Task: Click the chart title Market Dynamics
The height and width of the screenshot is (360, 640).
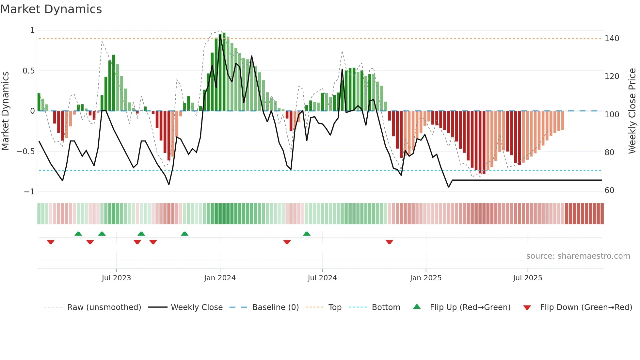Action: [51, 9]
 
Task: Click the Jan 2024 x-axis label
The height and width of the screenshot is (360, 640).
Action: [220, 278]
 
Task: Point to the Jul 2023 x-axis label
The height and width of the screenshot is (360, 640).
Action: [116, 278]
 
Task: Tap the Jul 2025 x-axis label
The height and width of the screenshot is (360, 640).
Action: [527, 278]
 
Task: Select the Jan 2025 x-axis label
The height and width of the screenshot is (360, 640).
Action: [426, 278]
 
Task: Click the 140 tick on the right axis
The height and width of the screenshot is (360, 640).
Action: [612, 39]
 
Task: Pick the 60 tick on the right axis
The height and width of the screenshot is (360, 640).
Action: [609, 190]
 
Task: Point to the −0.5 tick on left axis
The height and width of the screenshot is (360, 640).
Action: [26, 152]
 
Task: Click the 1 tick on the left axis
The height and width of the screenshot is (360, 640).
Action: [32, 30]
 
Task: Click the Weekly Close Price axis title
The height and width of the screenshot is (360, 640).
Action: [632, 111]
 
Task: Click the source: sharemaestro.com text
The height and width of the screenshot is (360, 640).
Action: [578, 256]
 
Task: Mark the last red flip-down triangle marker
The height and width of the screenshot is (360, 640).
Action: [389, 242]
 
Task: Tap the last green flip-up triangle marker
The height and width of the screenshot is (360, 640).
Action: [307, 234]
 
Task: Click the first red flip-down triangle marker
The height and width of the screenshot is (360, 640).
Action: [51, 242]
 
